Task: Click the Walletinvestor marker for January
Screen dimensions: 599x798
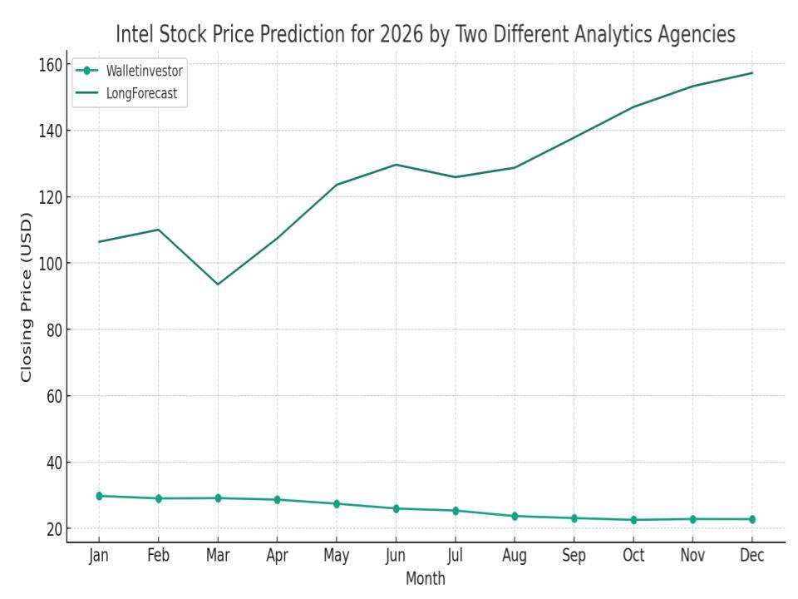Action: pyautogui.click(x=99, y=496)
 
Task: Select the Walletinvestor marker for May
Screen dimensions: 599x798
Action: pyautogui.click(x=337, y=503)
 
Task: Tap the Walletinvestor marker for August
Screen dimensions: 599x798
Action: pyautogui.click(x=515, y=516)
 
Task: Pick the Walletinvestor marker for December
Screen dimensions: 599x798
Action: pyautogui.click(x=752, y=519)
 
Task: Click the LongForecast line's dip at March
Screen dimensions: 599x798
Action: pyautogui.click(x=218, y=285)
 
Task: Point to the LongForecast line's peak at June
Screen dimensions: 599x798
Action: pyautogui.click(x=396, y=165)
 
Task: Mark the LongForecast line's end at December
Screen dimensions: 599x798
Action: pyautogui.click(x=752, y=73)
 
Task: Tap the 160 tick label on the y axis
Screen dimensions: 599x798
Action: pyautogui.click(x=52, y=64)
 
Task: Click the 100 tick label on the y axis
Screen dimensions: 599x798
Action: pyautogui.click(x=52, y=263)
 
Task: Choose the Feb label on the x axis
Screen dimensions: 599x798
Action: pyautogui.click(x=158, y=557)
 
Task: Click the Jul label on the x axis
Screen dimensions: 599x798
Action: pyautogui.click(x=455, y=557)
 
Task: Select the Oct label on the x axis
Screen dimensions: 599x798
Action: pyautogui.click(x=633, y=557)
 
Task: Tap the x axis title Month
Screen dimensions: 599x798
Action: pyautogui.click(x=426, y=578)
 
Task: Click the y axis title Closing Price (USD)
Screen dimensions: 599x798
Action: pyautogui.click(x=27, y=296)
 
